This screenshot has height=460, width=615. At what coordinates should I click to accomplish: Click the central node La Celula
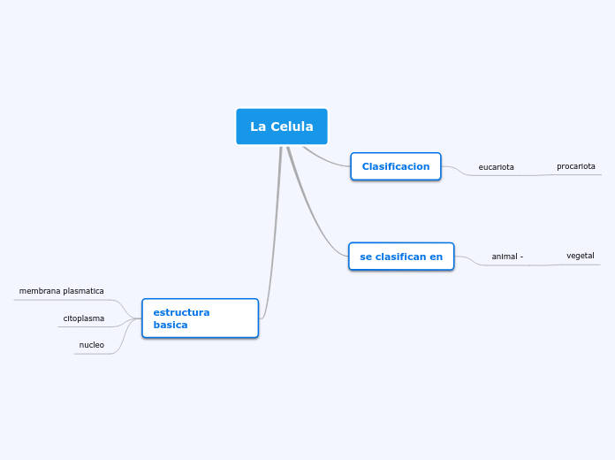(281, 126)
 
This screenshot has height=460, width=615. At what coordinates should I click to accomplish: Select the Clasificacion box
(395, 166)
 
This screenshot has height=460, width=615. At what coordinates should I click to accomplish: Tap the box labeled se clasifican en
(401, 257)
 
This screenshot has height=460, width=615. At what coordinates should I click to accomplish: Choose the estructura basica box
(200, 318)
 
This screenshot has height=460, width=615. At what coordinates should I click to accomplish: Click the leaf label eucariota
(496, 167)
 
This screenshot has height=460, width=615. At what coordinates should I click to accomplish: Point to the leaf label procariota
(575, 166)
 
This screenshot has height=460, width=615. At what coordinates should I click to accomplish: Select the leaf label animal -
(507, 257)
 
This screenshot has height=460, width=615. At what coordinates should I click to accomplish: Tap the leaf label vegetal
(580, 256)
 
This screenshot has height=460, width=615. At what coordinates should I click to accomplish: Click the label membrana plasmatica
(62, 291)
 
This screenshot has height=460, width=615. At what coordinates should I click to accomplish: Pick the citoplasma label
(84, 318)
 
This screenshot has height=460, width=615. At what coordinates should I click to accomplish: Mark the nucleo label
(92, 345)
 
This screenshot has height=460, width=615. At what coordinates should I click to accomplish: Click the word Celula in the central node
(292, 126)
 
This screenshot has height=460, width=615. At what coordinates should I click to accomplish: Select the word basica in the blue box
(171, 325)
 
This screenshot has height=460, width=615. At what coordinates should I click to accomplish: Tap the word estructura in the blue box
(181, 312)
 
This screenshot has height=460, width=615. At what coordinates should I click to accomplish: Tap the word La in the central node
(258, 126)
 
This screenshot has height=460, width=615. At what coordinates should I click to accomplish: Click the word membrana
(41, 291)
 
